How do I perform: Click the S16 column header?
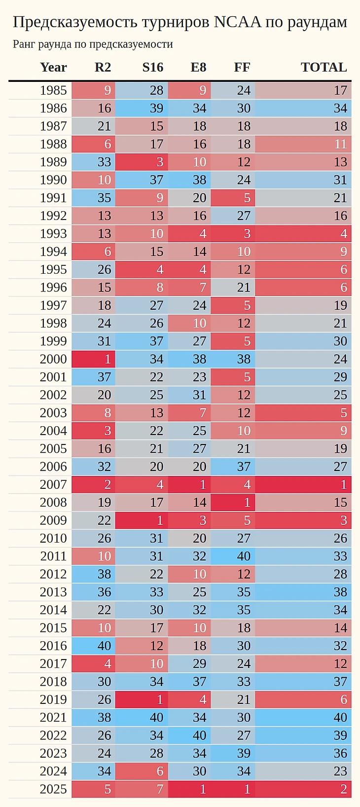point(152,67)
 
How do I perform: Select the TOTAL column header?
point(324,67)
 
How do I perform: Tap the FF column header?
point(242,67)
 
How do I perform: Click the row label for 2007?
point(53,484)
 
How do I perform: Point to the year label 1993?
point(53,234)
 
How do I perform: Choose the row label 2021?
point(53,717)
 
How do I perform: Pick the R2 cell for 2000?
point(94,359)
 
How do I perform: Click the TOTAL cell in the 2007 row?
point(303,484)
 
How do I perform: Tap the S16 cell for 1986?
point(142,108)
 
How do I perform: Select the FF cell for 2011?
point(233,556)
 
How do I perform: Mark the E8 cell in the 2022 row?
point(189,735)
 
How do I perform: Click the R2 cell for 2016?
point(94,646)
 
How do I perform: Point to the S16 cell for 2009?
point(142,520)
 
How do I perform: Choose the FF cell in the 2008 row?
point(233,502)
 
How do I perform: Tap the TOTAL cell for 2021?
point(303,717)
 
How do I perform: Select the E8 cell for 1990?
point(189,180)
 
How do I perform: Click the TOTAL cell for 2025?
point(303,789)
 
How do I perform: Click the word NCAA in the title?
point(238,22)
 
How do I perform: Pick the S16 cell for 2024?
point(142,771)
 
